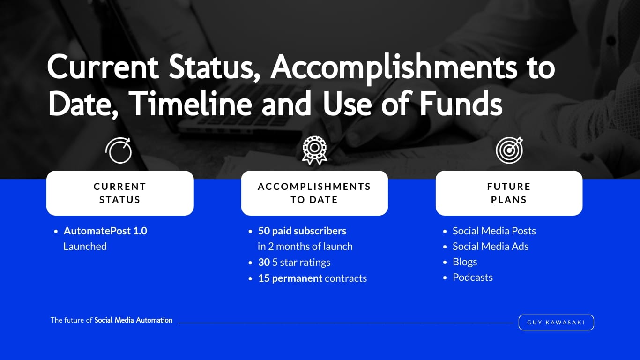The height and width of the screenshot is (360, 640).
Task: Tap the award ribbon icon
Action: click(x=314, y=150)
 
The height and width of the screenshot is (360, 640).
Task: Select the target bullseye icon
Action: click(x=509, y=150)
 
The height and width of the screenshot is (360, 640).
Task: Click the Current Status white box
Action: click(x=120, y=193)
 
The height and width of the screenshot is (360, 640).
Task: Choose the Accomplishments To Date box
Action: click(x=314, y=193)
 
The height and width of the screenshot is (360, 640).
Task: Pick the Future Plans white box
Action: click(x=509, y=193)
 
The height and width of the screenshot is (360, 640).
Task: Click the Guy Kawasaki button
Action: click(x=556, y=322)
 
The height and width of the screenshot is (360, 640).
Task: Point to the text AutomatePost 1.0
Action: click(x=105, y=231)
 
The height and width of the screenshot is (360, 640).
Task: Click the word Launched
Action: click(x=85, y=246)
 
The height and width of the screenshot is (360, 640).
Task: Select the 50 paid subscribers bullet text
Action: click(x=302, y=231)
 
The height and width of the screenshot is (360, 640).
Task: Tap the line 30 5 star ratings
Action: click(x=294, y=262)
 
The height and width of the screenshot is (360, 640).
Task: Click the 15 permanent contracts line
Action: click(x=313, y=278)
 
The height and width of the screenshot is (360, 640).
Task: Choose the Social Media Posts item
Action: click(x=494, y=231)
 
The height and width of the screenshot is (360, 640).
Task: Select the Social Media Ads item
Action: click(x=490, y=246)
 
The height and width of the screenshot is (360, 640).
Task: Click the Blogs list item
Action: click(x=465, y=262)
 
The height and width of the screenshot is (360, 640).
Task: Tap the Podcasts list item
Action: click(x=473, y=277)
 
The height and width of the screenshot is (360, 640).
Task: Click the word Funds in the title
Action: click(x=460, y=103)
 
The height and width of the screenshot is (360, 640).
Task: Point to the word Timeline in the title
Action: click(x=192, y=103)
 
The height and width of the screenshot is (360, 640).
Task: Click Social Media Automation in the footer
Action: click(x=134, y=320)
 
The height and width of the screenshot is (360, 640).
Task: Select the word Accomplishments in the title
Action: click(x=394, y=68)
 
